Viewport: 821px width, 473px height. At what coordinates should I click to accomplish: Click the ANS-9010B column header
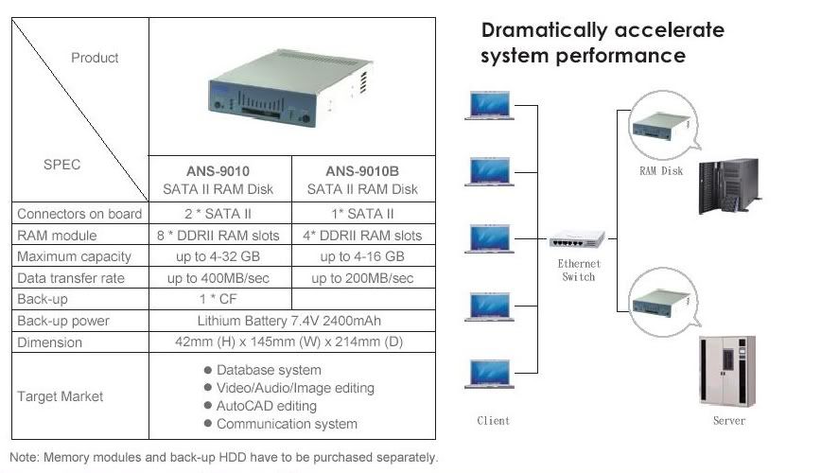pyautogui.click(x=364, y=180)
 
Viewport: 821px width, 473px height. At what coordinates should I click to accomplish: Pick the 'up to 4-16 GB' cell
pyautogui.click(x=362, y=256)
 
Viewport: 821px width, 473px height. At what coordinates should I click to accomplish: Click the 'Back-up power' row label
pyautogui.click(x=63, y=321)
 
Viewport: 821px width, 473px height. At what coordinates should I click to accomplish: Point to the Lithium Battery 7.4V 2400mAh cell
pyautogui.click(x=291, y=321)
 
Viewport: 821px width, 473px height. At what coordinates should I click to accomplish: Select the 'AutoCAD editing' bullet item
pyautogui.click(x=267, y=406)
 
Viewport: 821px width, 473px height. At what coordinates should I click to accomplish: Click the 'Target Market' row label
pyautogui.click(x=60, y=396)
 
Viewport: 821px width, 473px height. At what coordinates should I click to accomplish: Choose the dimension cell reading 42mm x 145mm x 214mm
pyautogui.click(x=291, y=342)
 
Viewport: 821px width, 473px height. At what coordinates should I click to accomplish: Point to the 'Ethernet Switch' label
pyautogui.click(x=578, y=270)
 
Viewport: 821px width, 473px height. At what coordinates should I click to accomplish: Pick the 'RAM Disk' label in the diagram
pyautogui.click(x=660, y=171)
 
